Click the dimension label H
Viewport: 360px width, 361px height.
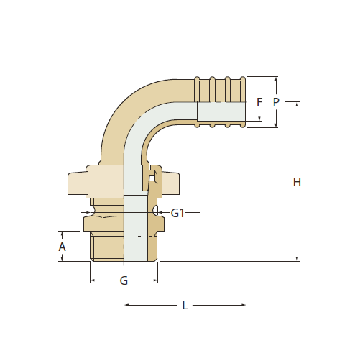[x=297, y=182]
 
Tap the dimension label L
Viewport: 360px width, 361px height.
[x=185, y=306]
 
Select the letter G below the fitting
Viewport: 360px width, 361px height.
[x=124, y=280]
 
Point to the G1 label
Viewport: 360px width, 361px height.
[x=177, y=213]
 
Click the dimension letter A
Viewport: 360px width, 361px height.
[x=62, y=247]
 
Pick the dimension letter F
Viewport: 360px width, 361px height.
[x=259, y=102]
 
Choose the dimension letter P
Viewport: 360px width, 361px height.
[x=276, y=102]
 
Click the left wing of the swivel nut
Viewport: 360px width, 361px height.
[x=78, y=183]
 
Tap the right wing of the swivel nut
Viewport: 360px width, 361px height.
[x=170, y=183]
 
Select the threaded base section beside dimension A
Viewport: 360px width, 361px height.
[x=107, y=247]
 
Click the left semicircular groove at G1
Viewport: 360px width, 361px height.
[x=93, y=211]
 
